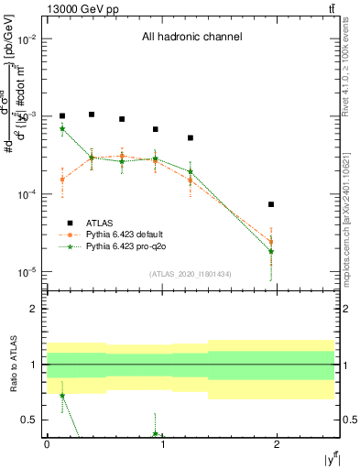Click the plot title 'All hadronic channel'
tap(191, 38)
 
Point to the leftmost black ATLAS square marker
tap(62, 116)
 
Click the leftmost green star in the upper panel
tap(62, 129)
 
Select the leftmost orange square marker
tap(62, 180)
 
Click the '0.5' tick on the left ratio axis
tap(29, 420)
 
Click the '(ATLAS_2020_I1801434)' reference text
tap(190, 274)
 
